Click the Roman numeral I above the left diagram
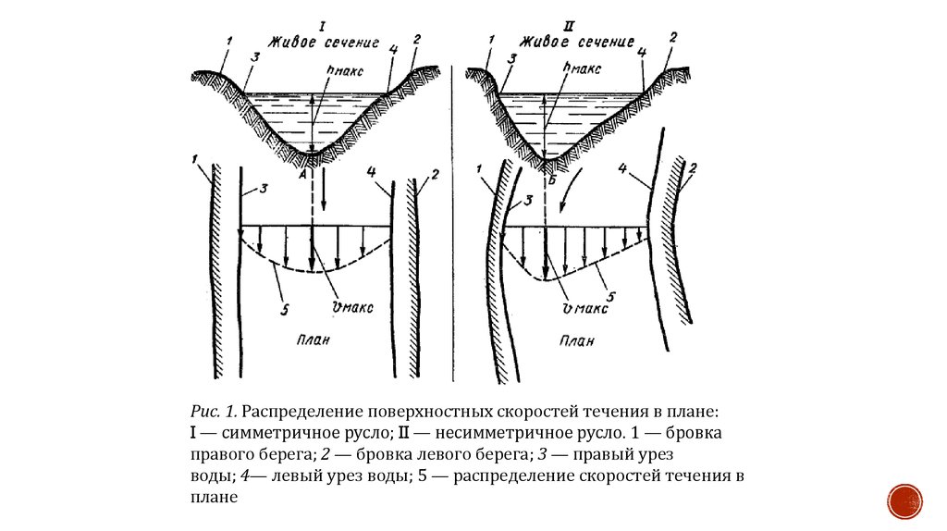pos(321,27)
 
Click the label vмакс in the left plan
pos(351,308)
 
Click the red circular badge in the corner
pos(904,500)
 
